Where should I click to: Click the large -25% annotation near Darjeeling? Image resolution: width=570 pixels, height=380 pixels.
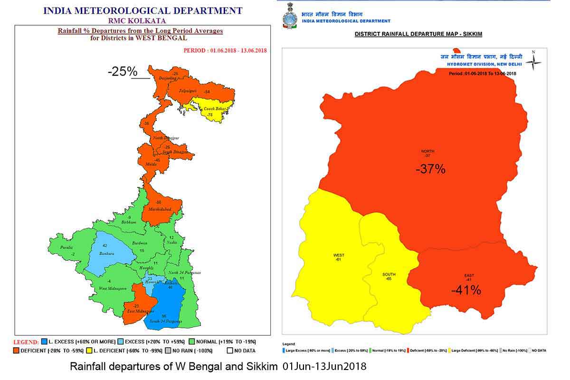click(x=123, y=72)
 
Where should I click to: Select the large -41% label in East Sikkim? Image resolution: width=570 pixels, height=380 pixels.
click(x=466, y=290)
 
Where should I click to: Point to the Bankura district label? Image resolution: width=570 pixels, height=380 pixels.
click(x=107, y=253)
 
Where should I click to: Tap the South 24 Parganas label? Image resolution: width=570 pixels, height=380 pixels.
click(x=166, y=322)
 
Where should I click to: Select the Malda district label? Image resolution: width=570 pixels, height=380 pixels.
click(x=152, y=164)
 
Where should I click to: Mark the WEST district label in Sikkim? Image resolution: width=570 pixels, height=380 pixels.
click(x=339, y=255)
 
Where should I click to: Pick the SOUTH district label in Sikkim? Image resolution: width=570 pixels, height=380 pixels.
click(x=389, y=274)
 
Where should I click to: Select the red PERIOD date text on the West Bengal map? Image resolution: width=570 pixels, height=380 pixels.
click(x=225, y=50)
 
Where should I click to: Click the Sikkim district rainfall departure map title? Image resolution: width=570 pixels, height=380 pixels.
click(x=418, y=35)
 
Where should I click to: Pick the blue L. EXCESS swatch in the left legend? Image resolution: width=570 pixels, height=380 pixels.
click(x=44, y=341)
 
